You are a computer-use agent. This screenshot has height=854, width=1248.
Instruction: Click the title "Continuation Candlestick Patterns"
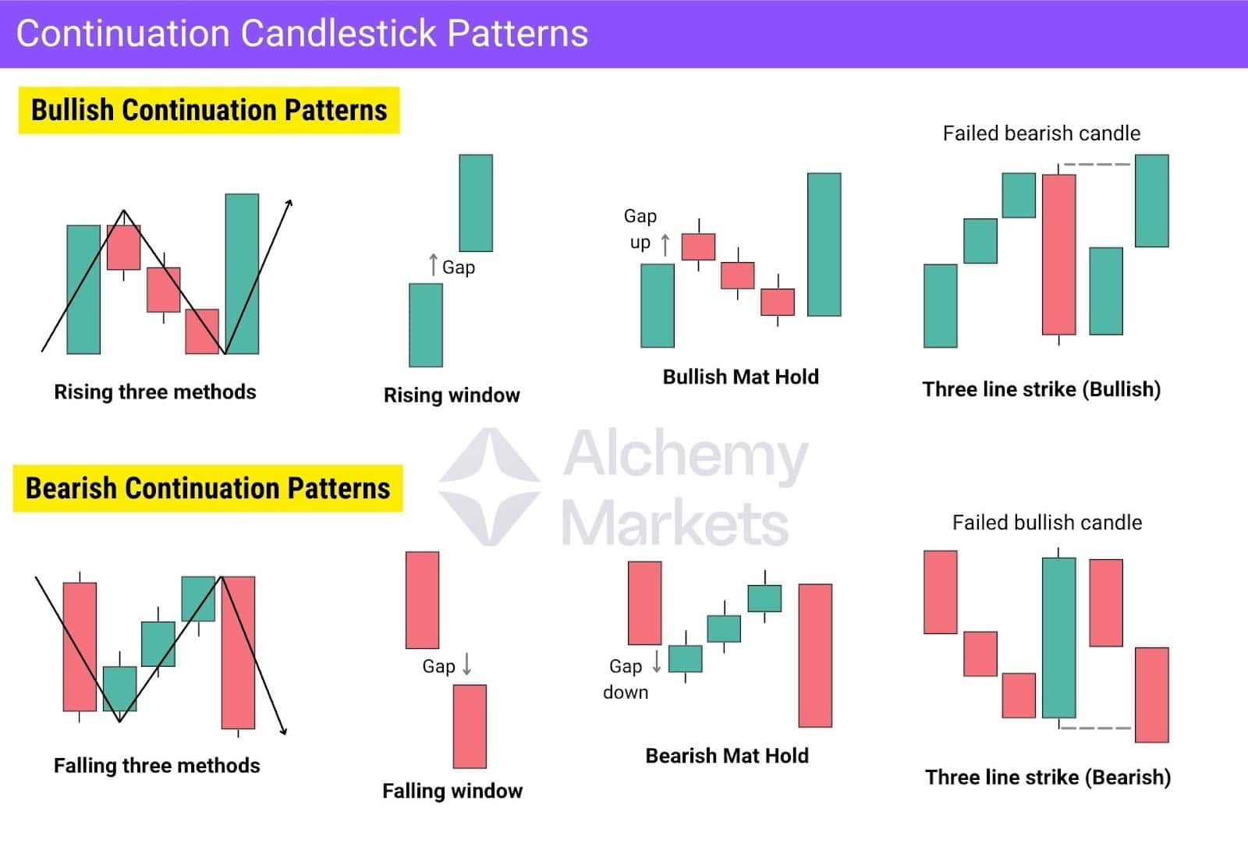click(x=302, y=34)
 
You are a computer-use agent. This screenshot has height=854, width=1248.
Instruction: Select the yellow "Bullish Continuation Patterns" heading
click(x=209, y=110)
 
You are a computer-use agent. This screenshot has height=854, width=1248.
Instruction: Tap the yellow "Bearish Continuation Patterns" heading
click(x=207, y=488)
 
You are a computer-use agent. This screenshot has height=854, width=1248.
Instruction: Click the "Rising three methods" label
click(x=154, y=392)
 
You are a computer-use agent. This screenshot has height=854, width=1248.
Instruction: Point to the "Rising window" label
click(x=452, y=395)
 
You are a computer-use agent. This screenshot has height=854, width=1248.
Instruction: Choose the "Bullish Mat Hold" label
click(x=740, y=377)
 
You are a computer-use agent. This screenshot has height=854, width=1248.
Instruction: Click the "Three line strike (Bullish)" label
click(x=1041, y=389)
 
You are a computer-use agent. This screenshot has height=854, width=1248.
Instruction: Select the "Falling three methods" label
click(x=157, y=766)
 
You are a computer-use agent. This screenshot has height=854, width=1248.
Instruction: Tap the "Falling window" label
click(x=452, y=791)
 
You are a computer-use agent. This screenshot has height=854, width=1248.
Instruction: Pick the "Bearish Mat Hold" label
click(x=727, y=756)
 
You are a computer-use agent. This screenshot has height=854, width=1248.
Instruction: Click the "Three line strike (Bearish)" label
click(x=1048, y=778)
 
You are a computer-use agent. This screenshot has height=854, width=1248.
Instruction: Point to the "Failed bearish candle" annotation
click(x=1041, y=133)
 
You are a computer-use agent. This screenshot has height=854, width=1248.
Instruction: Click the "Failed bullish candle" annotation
click(x=1047, y=523)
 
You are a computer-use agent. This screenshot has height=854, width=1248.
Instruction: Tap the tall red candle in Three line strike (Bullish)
click(x=1058, y=254)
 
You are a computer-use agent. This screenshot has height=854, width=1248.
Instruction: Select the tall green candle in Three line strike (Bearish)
click(x=1058, y=637)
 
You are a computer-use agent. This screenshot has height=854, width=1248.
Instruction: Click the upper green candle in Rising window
click(x=476, y=203)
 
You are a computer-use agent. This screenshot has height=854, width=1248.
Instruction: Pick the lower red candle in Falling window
click(x=470, y=726)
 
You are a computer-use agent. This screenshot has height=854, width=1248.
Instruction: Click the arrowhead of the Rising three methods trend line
click(x=290, y=202)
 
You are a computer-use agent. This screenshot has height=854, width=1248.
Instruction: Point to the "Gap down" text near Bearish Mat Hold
click(x=626, y=679)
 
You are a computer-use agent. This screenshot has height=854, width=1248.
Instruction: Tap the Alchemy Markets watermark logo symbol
click(x=489, y=486)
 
